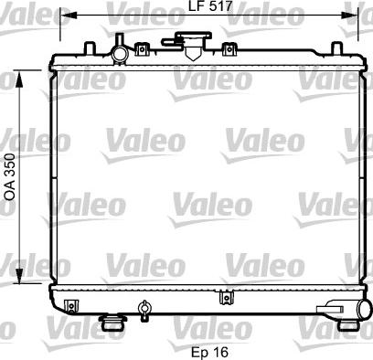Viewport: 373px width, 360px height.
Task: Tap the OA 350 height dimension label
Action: tap(11, 175)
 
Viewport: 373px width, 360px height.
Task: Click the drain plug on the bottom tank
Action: tap(144, 310)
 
